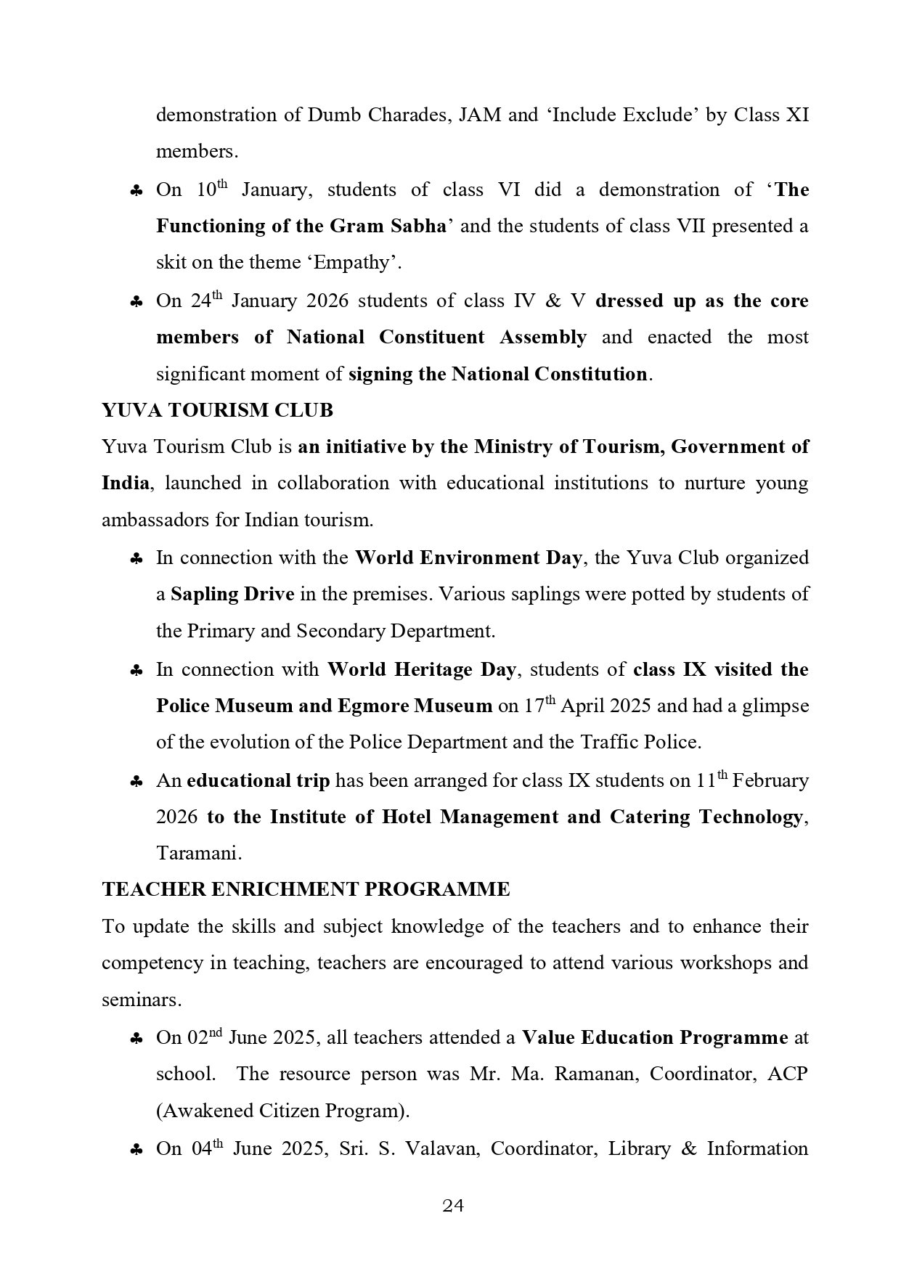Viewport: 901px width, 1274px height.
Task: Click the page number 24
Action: pos(453,1206)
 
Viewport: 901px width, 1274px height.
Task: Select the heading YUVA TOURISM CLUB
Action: pos(217,410)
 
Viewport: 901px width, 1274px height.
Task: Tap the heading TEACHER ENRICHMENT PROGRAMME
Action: pos(306,889)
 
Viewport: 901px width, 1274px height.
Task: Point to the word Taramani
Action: pos(198,853)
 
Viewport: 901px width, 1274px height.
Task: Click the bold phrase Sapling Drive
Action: pos(232,595)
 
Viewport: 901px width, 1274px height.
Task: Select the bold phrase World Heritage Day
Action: pos(422,669)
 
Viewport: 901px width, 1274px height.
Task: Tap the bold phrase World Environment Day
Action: pos(468,558)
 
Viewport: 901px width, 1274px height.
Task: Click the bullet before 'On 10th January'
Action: pos(136,191)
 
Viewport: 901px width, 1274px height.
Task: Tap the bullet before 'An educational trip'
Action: pos(136,782)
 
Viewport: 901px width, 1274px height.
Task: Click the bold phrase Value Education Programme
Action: pos(655,1037)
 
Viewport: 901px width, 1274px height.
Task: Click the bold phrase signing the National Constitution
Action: pos(498,375)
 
